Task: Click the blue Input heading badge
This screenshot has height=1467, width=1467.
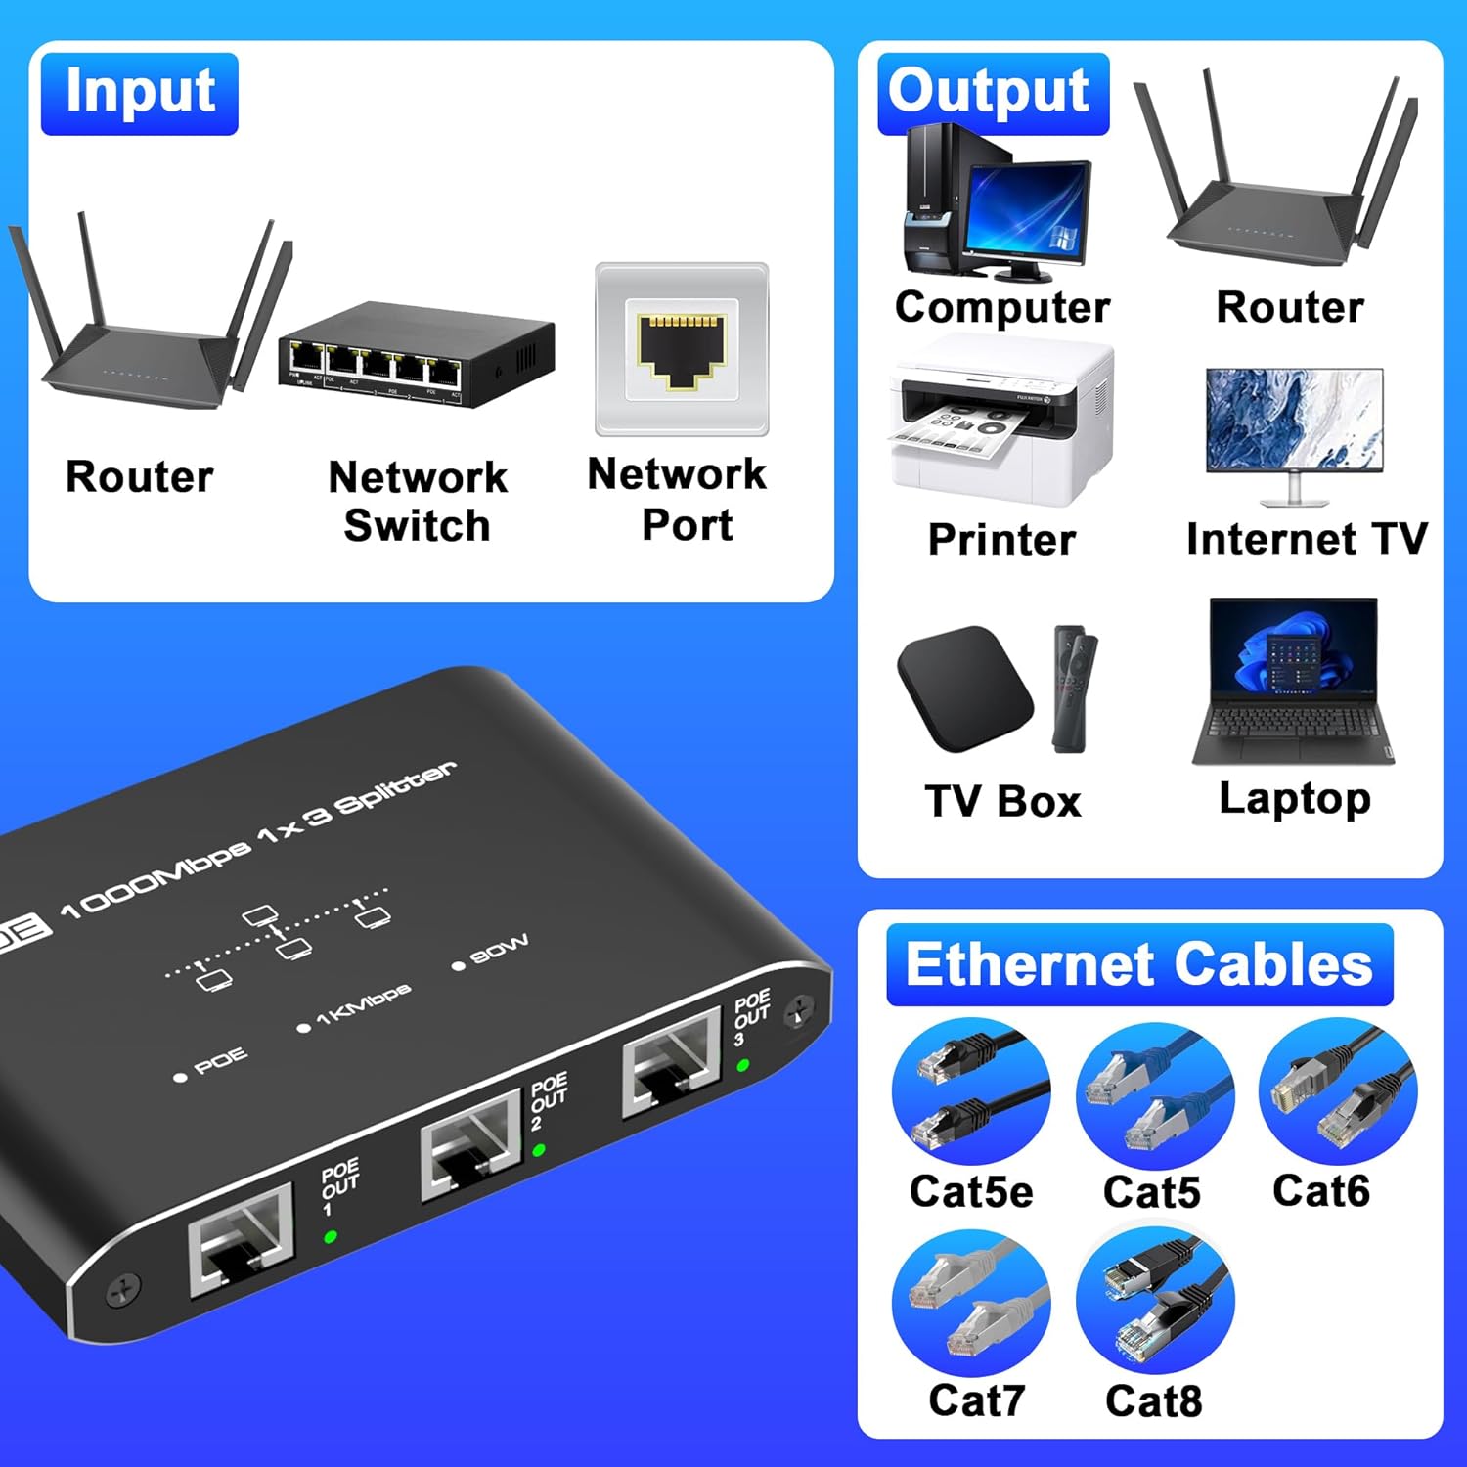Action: point(139,93)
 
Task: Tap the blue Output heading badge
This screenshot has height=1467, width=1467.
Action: point(990,93)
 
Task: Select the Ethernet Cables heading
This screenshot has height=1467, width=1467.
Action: point(1138,964)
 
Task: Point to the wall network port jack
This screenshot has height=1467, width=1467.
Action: point(682,349)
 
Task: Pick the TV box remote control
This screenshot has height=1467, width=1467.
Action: point(1074,689)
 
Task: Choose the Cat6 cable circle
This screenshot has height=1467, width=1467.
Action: point(1337,1091)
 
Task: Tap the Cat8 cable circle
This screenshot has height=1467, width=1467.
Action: point(1155,1302)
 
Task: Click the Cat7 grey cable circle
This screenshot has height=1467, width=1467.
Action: point(971,1302)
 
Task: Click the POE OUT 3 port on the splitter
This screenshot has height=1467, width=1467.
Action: point(671,1063)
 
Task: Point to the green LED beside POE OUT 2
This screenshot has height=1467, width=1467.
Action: point(539,1150)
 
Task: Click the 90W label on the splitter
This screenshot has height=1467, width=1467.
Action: point(499,949)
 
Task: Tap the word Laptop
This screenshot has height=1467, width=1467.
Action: point(1295,799)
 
